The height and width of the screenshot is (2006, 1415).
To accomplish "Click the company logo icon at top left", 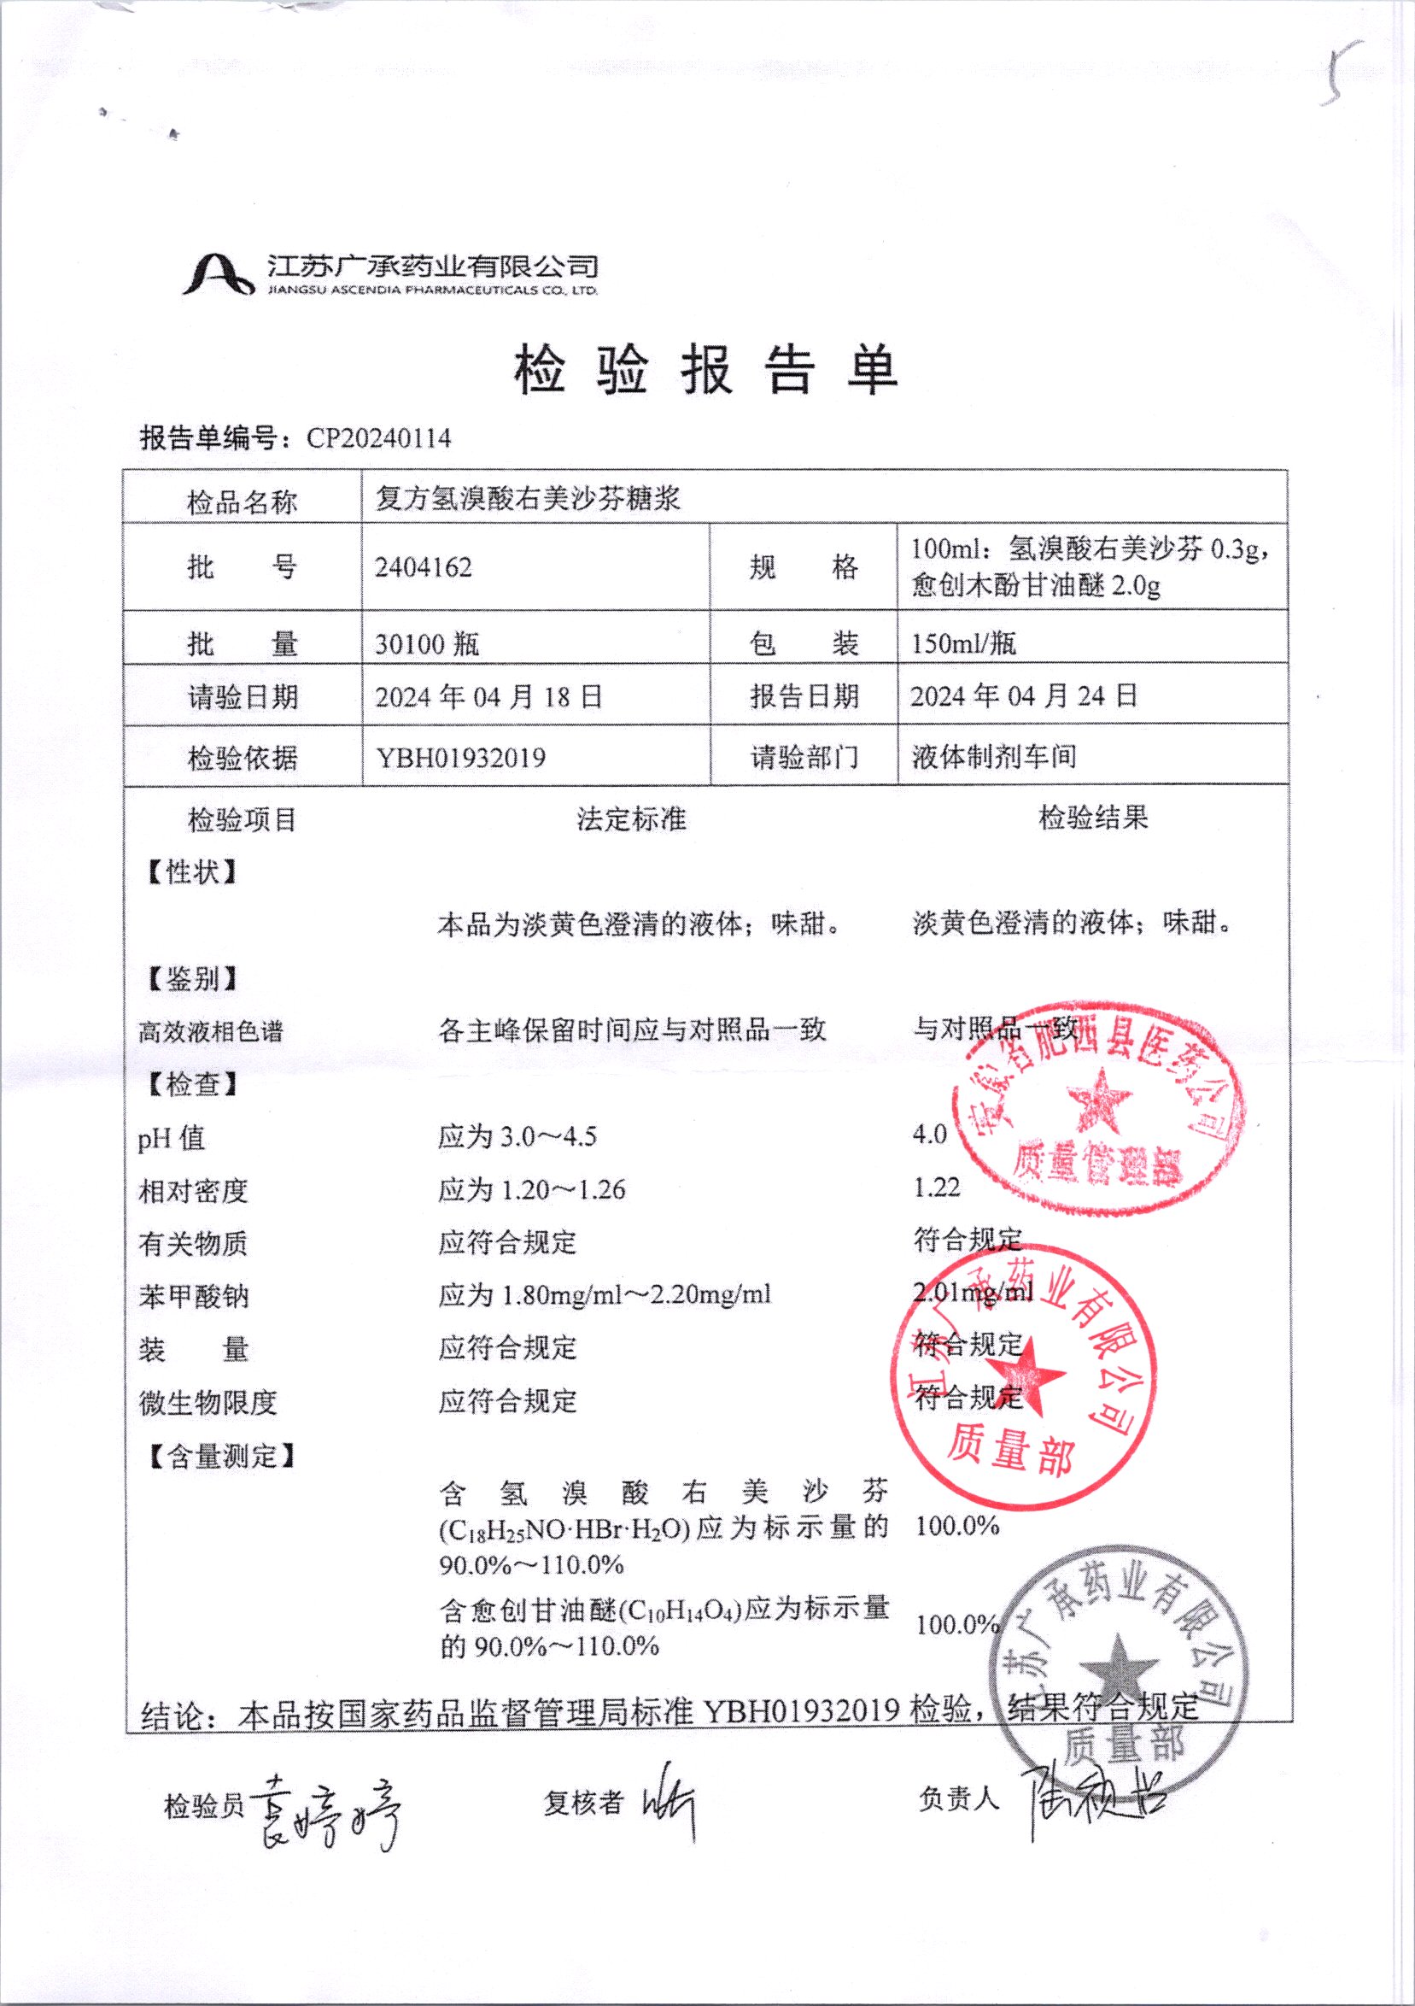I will (218, 273).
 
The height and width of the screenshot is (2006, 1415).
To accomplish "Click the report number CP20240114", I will (378, 437).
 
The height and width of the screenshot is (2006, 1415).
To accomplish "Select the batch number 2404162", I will (424, 568).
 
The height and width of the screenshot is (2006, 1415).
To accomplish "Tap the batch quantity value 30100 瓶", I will (427, 645).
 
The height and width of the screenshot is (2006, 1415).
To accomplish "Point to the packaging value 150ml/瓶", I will (963, 645).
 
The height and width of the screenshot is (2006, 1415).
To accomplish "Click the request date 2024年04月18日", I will (489, 697).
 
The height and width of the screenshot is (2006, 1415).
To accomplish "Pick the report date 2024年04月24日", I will (1024, 696).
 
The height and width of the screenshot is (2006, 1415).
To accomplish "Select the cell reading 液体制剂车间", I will (994, 757).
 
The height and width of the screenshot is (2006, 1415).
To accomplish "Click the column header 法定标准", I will (630, 819).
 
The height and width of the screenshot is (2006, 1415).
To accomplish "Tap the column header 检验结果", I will (1093, 818).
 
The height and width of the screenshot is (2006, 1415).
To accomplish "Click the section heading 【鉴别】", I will (192, 978).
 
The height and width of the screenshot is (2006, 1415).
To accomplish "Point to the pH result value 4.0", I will (929, 1135).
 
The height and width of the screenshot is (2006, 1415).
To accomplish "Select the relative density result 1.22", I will (936, 1188).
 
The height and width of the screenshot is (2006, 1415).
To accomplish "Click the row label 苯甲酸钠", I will (193, 1296).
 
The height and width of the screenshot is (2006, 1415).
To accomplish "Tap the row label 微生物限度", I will (207, 1402).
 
